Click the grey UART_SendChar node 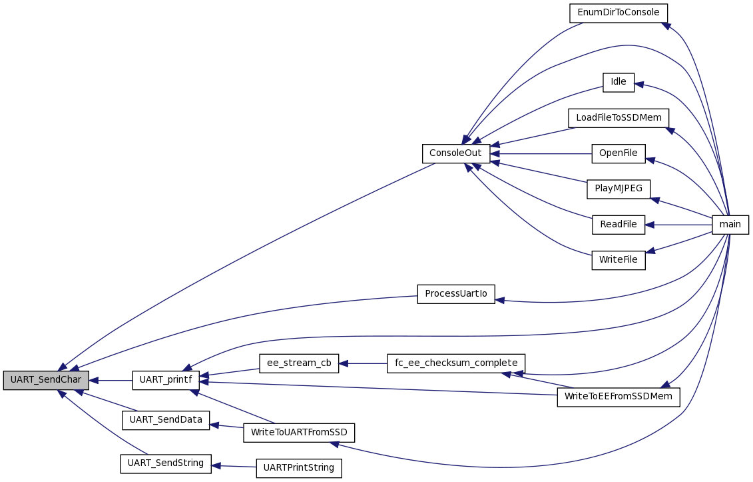[46, 381]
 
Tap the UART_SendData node [166, 420]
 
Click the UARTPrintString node [299, 468]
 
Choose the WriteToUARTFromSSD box [299, 433]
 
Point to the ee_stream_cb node [299, 363]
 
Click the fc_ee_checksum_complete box [456, 363]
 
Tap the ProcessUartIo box [456, 294]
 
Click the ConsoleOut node [456, 153]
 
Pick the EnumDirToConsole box [619, 13]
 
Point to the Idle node [619, 82]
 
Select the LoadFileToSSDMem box [619, 118]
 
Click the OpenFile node [619, 153]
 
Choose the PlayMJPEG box [619, 189]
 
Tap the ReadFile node [619, 225]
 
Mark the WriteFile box [619, 260]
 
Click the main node [730, 225]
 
